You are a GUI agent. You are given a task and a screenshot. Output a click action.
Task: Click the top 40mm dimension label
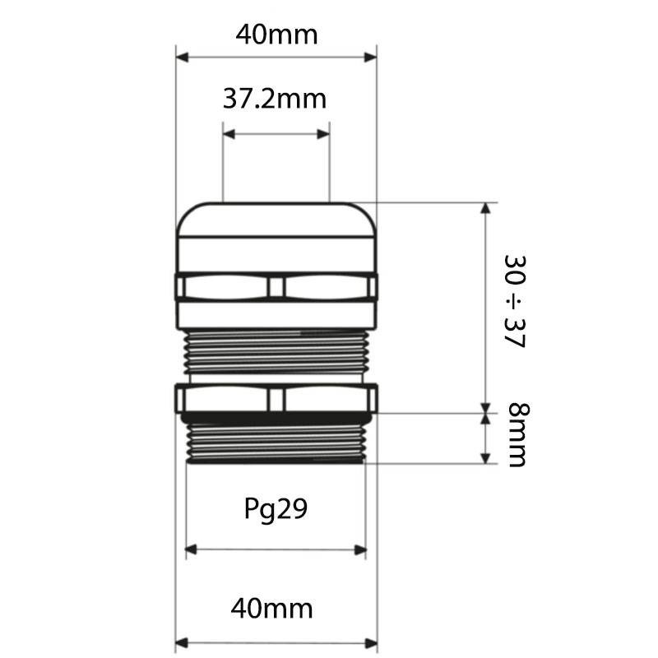point(276,35)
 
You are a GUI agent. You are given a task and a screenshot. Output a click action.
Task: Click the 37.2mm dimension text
point(275,99)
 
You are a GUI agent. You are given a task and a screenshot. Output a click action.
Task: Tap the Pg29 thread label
point(276,509)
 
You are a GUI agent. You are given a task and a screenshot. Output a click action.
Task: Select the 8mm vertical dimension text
point(519,435)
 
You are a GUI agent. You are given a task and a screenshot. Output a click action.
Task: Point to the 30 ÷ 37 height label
point(515,301)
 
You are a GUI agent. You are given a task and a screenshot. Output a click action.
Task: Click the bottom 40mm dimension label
point(272,609)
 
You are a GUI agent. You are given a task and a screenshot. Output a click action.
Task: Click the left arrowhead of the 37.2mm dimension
point(229,134)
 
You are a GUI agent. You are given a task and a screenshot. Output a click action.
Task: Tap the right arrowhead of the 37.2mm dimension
point(323,134)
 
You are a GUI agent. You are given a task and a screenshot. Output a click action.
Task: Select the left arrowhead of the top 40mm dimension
point(182,57)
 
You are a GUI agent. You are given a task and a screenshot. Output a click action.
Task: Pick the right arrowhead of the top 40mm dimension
point(371,57)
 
